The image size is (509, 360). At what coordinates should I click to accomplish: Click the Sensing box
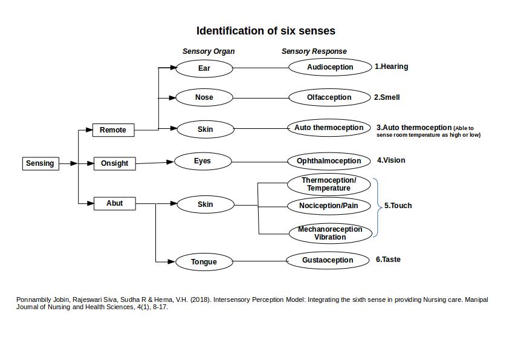coord(41,163)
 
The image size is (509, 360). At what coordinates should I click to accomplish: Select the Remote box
coord(113,130)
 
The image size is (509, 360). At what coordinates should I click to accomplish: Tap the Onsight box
coord(114,163)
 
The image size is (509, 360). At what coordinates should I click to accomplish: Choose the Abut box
coord(114,203)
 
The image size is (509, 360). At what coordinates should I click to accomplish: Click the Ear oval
coord(204,68)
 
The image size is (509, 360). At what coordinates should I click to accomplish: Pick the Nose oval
coord(204,97)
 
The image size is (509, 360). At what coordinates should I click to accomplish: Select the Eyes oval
coord(203,161)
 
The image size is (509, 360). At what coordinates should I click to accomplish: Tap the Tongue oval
coord(204,262)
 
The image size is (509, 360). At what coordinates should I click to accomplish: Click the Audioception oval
coord(330,67)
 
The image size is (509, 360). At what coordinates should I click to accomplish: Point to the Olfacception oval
coord(329,97)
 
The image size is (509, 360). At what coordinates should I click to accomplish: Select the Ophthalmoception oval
coord(329,161)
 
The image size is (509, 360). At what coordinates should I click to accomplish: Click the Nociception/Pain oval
coord(328,206)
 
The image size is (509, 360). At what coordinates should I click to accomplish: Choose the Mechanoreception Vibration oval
coord(329,234)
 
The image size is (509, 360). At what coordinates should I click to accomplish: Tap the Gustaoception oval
coord(328,260)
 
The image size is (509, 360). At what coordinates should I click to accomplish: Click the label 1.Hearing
coord(391,67)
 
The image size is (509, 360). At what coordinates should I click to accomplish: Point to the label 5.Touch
coord(398,206)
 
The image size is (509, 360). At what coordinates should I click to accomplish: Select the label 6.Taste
coord(388,260)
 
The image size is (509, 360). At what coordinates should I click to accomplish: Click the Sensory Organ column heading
coord(209,51)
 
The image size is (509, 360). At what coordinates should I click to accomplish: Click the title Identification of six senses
coord(265,31)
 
